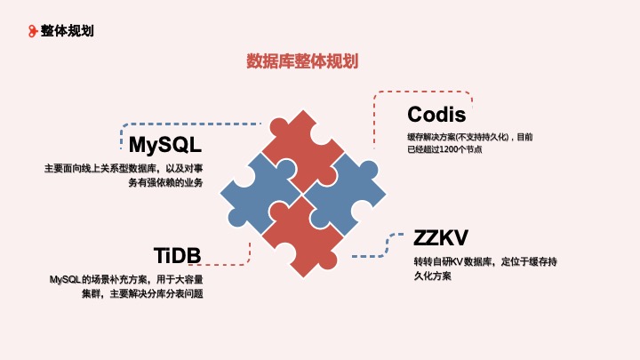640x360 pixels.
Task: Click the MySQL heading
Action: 165,144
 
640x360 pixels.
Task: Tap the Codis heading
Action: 436,115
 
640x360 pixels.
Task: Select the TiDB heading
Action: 177,256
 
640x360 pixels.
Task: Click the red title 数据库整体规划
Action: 302,61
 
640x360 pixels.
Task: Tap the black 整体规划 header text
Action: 68,30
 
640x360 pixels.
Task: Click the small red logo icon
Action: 33,30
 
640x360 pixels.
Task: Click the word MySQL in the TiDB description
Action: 65,279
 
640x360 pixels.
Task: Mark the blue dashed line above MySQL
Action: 178,124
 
